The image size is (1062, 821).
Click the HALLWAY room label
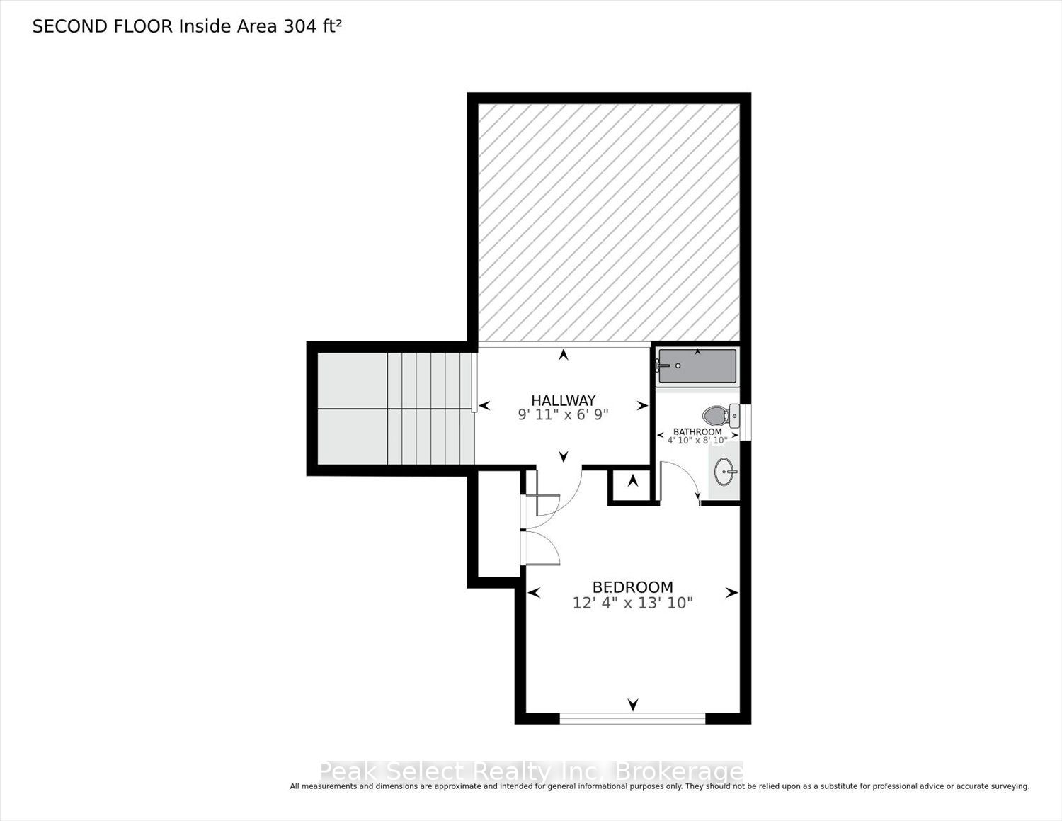(x=563, y=400)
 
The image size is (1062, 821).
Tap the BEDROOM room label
(x=632, y=587)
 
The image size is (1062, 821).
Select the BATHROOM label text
(x=697, y=432)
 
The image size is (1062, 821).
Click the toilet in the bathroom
(x=721, y=416)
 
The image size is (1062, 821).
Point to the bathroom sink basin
(x=725, y=472)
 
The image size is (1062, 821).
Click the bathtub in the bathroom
(x=697, y=366)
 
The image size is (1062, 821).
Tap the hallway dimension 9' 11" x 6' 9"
(x=563, y=414)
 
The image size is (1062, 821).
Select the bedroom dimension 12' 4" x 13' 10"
(x=632, y=603)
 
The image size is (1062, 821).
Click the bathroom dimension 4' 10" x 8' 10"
(x=697, y=440)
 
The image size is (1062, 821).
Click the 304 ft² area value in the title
(x=312, y=26)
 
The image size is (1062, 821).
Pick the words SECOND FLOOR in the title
(x=103, y=26)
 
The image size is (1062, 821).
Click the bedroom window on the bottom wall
(x=632, y=718)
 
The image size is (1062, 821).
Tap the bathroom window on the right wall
(x=746, y=422)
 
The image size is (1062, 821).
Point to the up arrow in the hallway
(x=564, y=355)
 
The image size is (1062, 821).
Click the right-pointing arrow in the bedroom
(x=731, y=593)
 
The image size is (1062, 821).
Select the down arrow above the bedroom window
(x=633, y=705)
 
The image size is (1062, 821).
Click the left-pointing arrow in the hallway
(x=484, y=405)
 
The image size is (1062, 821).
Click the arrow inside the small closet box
(x=633, y=481)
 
